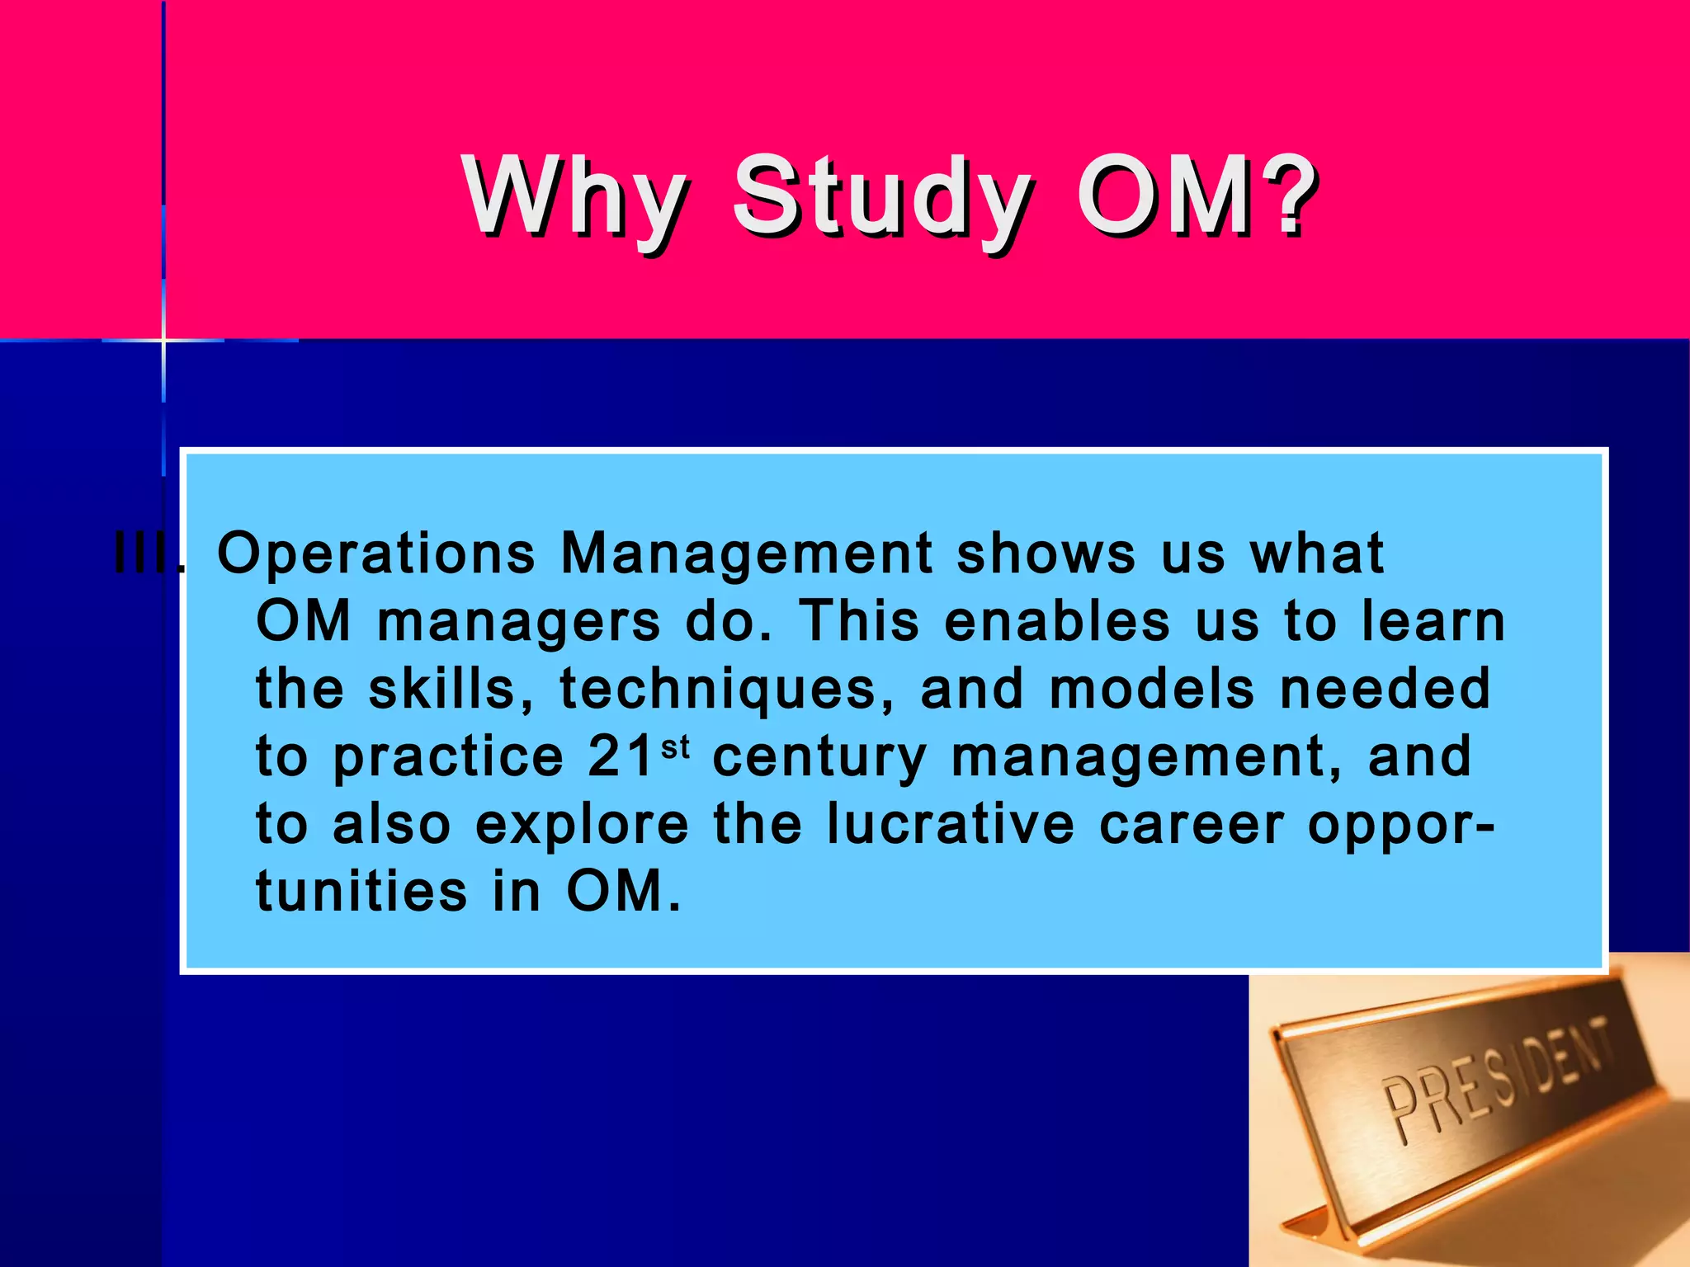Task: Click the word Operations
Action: pos(376,553)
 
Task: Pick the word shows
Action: pos(1046,553)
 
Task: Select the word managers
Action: pos(519,623)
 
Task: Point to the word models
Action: pos(1152,690)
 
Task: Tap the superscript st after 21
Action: pos(675,747)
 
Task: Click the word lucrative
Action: pos(951,825)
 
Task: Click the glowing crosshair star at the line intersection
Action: pos(163,339)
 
